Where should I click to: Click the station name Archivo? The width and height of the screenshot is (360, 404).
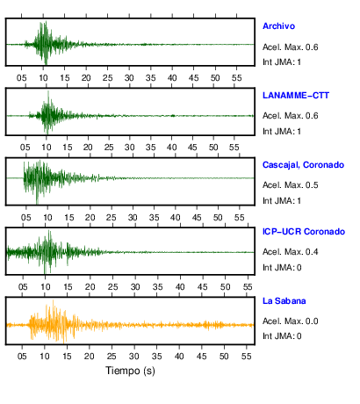[278, 26]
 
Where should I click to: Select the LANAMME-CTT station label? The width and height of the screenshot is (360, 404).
[296, 96]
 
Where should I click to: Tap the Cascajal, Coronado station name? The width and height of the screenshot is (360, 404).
[303, 165]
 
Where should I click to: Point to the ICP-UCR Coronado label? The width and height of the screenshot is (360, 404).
[304, 232]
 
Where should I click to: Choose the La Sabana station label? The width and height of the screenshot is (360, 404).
[284, 301]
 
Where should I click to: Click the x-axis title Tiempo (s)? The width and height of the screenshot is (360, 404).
[130, 371]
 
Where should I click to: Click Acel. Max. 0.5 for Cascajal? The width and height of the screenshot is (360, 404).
[290, 185]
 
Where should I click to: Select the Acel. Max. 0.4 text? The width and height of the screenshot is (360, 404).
[290, 252]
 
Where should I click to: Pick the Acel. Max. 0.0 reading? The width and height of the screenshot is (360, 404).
[290, 321]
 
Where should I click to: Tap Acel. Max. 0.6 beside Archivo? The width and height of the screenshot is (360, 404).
[290, 47]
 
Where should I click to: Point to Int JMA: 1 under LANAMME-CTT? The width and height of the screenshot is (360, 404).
[282, 132]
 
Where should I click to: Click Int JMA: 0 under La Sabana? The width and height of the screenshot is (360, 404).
[282, 335]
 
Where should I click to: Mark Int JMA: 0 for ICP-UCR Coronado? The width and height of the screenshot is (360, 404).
[282, 268]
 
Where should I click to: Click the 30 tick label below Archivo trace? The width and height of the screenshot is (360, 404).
[129, 78]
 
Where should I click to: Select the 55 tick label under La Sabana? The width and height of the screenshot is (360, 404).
[247, 357]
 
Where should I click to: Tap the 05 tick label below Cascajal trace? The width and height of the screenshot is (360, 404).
[26, 218]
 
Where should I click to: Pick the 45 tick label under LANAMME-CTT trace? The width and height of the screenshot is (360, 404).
[192, 148]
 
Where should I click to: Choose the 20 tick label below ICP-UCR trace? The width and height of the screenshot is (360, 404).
[90, 287]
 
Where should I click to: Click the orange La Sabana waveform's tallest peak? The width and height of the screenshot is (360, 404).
[53, 300]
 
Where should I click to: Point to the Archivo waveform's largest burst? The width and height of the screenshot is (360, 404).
[45, 42]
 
